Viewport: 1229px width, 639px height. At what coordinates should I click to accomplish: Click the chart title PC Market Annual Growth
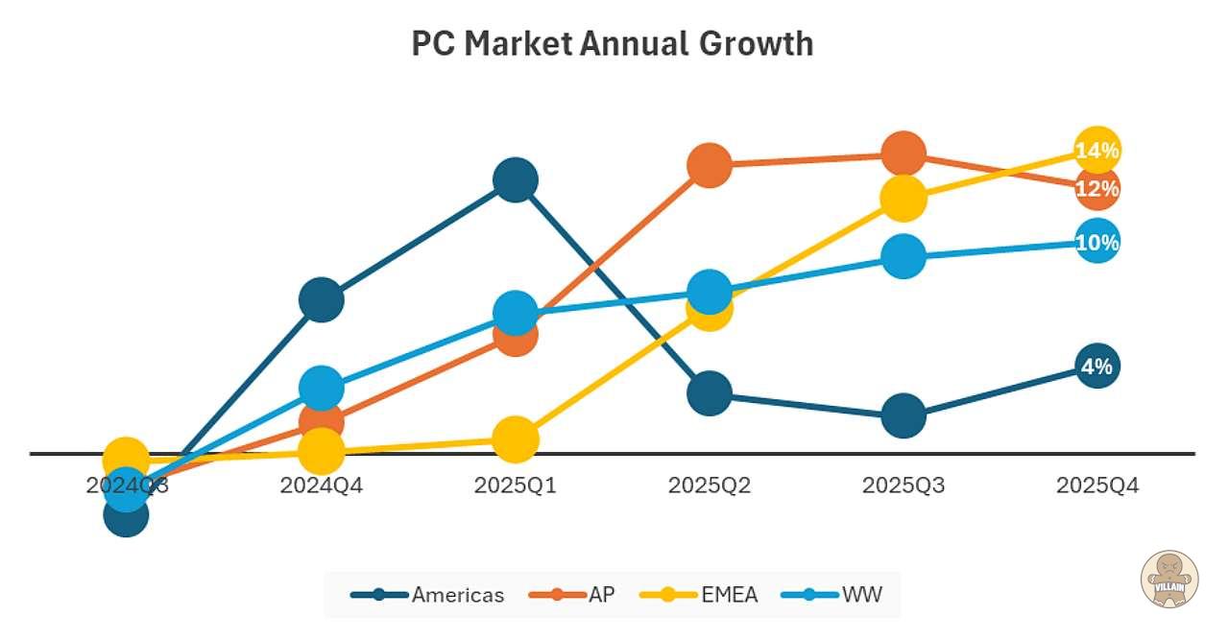(613, 44)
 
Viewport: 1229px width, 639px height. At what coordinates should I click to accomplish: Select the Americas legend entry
(428, 595)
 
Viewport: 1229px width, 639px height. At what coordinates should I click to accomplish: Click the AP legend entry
(573, 595)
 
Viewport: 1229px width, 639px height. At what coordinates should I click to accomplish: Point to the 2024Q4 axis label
(322, 485)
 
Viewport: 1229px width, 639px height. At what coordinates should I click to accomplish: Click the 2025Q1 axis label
(516, 485)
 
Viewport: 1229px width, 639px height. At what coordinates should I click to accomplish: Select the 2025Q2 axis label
(710, 485)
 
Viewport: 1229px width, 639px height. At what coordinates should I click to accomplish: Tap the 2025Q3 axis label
(904, 485)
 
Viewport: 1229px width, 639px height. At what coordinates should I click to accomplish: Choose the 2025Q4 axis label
(1097, 485)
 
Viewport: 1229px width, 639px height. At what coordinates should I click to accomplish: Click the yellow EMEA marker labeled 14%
(1097, 151)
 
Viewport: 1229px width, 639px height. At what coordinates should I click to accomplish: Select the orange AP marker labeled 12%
(1097, 189)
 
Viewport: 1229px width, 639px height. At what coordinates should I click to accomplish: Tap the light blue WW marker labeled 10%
(1097, 243)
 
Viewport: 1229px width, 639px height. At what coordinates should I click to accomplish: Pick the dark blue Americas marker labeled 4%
(1097, 366)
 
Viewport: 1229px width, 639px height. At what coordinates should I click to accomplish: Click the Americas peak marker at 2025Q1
(516, 179)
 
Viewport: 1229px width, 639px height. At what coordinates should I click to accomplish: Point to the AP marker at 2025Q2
(710, 165)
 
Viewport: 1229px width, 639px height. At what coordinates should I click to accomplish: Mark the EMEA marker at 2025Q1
(516, 438)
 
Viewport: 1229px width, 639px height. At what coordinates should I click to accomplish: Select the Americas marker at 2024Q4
(322, 300)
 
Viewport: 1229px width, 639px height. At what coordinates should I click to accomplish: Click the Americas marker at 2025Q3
(904, 414)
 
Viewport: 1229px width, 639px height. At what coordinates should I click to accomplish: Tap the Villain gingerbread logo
(1169, 580)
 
